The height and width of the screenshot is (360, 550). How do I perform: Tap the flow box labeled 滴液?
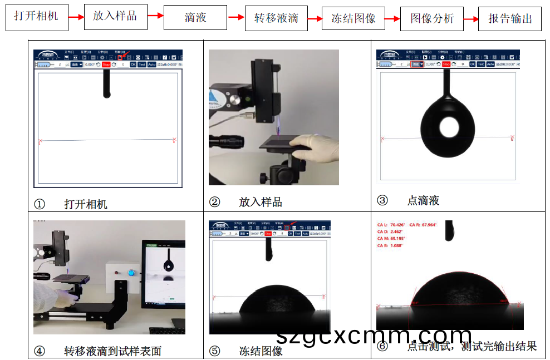coord(195,17)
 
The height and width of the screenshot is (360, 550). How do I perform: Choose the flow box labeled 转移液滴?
coord(276,18)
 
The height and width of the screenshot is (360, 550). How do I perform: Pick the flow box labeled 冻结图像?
coord(353,18)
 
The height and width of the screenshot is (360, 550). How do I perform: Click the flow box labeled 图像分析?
coord(432,18)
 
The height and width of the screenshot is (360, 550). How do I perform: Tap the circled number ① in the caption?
coord(40,204)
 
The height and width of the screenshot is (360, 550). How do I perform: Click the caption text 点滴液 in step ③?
coord(423,201)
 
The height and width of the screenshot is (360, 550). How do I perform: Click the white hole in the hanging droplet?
coord(449,127)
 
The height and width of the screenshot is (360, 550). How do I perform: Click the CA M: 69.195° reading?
coord(396,238)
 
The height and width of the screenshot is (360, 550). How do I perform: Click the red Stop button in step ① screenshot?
coord(106,65)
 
